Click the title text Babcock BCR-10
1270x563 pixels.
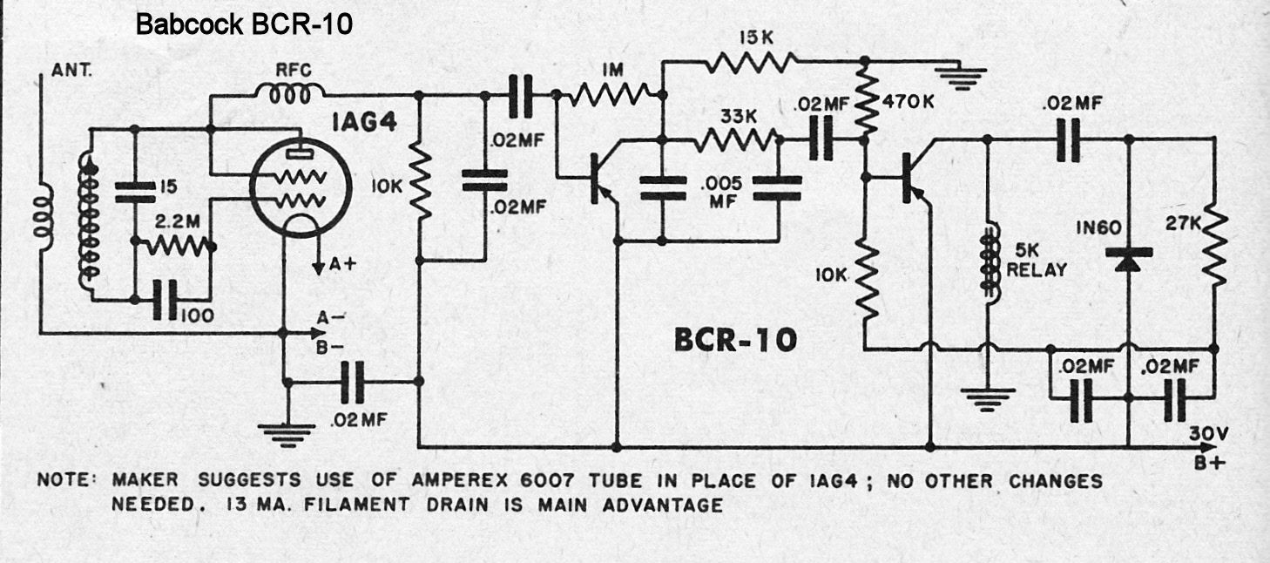(244, 25)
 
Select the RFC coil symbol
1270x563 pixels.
(289, 94)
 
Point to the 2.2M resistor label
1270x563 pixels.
(173, 222)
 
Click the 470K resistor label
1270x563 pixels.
(908, 102)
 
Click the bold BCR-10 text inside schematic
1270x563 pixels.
(735, 341)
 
